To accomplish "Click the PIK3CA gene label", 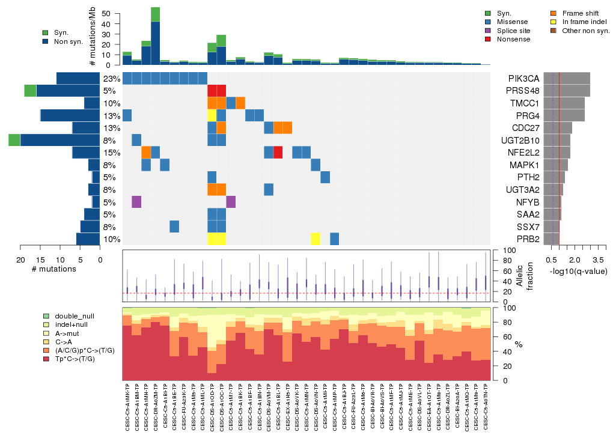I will tap(523, 79).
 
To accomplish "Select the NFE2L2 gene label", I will tap(523, 153).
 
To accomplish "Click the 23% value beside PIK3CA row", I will tap(111, 79).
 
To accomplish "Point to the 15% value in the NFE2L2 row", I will tap(111, 153).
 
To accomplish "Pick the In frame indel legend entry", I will tap(581, 22).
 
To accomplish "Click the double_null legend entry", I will tap(74, 316).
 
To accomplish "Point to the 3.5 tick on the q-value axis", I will tap(598, 260).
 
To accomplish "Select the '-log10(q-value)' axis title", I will tap(576, 272).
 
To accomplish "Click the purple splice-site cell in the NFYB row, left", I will tap(136, 202).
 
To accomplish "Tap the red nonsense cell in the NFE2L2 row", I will tap(278, 153).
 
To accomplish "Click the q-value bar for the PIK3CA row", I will tap(567, 79).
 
